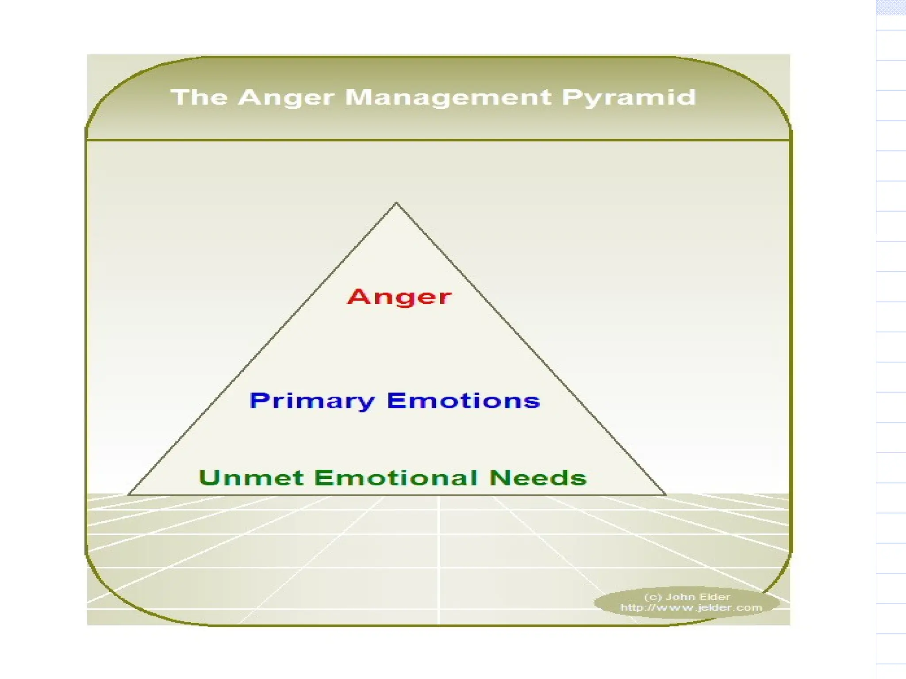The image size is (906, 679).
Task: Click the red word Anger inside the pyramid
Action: click(399, 297)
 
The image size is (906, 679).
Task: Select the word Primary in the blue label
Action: click(312, 401)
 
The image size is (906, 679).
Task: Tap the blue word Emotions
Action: click(463, 401)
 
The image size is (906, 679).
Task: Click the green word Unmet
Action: click(251, 478)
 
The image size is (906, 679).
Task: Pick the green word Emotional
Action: click(396, 478)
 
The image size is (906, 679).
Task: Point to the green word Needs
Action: click(538, 478)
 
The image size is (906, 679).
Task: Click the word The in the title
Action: click(199, 97)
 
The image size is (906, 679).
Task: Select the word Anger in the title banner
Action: click(285, 98)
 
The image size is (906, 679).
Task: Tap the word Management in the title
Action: click(448, 98)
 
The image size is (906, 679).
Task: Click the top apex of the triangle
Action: click(396, 203)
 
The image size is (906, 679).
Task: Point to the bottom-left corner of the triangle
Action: click(129, 495)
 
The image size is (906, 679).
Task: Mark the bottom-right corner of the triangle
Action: click(666, 495)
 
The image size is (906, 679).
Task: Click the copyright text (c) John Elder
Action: click(687, 597)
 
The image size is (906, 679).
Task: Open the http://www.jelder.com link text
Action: click(691, 608)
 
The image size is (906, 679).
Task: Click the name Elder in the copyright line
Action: click(715, 597)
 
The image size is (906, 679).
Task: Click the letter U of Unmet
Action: click(209, 478)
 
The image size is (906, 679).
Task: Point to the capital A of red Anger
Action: click(358, 296)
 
